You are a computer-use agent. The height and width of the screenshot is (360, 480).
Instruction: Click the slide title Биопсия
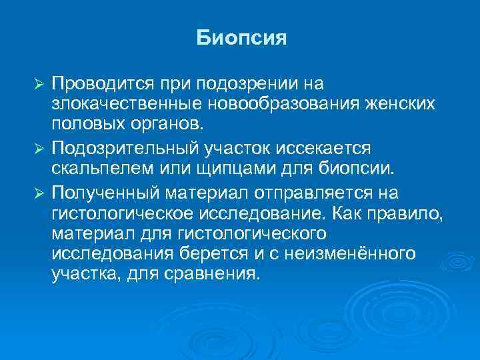pos(241,37)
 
